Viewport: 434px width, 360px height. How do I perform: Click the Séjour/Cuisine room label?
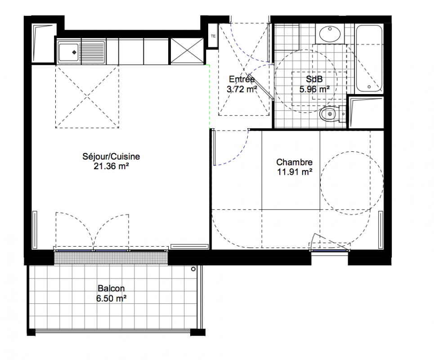pos(111,157)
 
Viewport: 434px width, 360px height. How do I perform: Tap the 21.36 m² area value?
pos(111,166)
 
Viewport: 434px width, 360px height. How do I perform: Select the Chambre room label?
pos(294,162)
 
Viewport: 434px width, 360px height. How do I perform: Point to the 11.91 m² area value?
pos(295,172)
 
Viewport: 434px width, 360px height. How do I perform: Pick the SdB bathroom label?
pos(314,79)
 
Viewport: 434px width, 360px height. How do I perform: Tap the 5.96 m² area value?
pos(314,89)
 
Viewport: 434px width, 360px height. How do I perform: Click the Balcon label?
pos(111,288)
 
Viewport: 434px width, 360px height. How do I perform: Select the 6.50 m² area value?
pos(111,298)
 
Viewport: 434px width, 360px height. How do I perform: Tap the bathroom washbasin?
pos(330,33)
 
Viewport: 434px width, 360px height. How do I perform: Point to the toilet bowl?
pos(329,114)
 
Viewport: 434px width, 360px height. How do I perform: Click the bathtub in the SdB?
pos(369,59)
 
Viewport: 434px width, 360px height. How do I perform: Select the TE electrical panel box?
pos(213,36)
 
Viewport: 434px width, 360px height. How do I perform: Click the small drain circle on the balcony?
pos(193,269)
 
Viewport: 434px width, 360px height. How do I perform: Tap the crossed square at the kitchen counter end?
pos(187,51)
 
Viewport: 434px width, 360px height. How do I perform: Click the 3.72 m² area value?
pos(242,89)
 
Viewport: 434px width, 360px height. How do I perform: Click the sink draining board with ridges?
pos(93,52)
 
